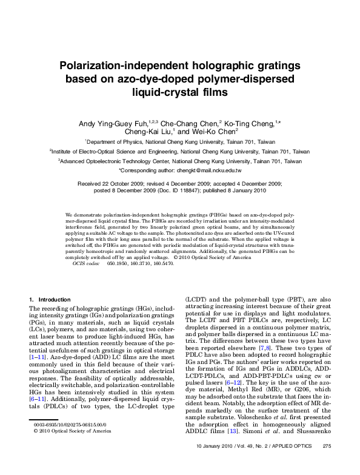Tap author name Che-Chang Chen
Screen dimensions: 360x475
tap(192, 123)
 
